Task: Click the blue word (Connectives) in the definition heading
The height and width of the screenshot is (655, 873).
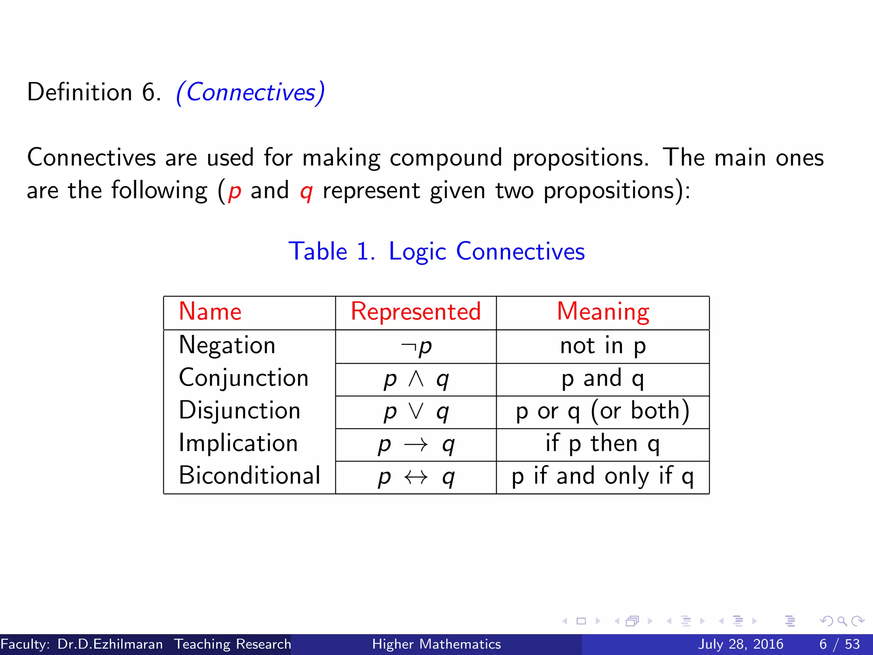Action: (251, 93)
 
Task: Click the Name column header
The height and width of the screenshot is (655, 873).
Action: (210, 312)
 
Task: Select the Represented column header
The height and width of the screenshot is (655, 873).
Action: (416, 312)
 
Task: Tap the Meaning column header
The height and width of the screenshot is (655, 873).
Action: (603, 312)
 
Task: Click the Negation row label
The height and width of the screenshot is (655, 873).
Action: (227, 345)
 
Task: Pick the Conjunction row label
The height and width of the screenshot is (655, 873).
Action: (243, 378)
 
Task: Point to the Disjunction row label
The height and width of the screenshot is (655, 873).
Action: (240, 411)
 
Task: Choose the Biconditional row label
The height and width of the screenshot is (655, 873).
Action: (249, 476)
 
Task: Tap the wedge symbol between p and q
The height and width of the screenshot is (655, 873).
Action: (416, 378)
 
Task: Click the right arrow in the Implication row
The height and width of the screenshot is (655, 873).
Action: (416, 445)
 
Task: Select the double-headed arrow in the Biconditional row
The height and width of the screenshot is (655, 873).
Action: (416, 477)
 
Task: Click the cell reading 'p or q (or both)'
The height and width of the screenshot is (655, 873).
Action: (603, 412)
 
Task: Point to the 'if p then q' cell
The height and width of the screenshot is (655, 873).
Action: (603, 444)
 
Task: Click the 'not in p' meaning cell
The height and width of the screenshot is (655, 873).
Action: (603, 346)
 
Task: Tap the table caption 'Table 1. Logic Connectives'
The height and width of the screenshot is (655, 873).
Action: (436, 251)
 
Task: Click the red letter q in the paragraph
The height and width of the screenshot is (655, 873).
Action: (306, 191)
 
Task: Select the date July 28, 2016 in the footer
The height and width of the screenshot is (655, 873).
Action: (740, 644)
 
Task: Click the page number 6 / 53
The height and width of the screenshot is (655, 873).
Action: (839, 644)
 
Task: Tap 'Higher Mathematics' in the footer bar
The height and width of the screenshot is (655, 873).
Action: (436, 644)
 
